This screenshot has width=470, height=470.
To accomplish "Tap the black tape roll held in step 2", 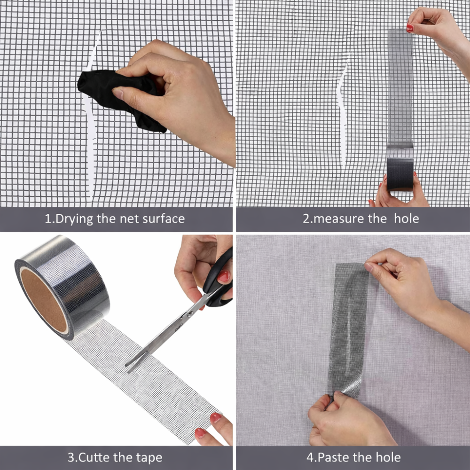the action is [x=400, y=174].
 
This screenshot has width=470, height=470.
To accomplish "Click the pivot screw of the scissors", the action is [x=189, y=314].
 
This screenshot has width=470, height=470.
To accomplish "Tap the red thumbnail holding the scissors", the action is [x=224, y=276].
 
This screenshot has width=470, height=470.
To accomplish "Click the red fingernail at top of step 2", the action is [x=410, y=28].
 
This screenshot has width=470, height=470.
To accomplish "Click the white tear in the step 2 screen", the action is [x=342, y=111].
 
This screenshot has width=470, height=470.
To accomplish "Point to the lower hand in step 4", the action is [x=348, y=420].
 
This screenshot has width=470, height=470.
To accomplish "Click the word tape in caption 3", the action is [x=149, y=458].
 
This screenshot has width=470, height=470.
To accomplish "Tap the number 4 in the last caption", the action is [x=310, y=457].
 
